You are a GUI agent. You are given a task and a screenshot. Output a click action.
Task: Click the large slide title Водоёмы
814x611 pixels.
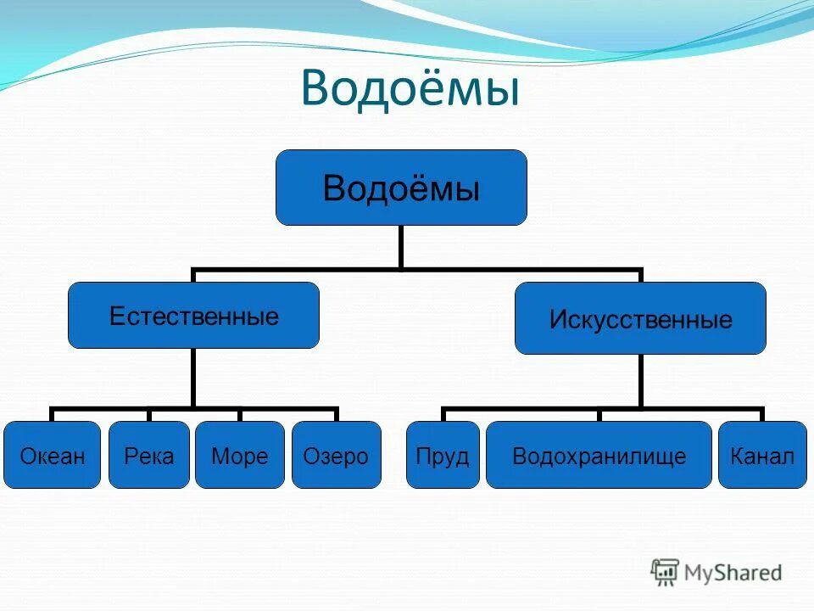click(x=410, y=89)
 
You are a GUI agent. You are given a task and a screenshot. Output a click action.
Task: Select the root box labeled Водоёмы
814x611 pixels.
click(x=401, y=188)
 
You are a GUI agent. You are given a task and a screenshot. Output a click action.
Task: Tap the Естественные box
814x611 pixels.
click(x=193, y=316)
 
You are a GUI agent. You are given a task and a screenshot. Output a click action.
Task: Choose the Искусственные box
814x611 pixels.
click(x=640, y=318)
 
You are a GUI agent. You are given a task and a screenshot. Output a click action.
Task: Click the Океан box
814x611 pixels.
click(x=52, y=455)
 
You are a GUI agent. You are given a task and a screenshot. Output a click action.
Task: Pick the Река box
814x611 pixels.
click(x=149, y=455)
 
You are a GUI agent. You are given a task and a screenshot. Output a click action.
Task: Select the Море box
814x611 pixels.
click(x=240, y=455)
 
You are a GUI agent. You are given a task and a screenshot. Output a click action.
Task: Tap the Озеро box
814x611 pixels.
click(x=337, y=455)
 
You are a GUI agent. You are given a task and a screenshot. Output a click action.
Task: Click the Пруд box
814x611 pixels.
click(x=443, y=455)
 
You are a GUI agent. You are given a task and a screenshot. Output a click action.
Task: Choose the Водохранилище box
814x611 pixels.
click(x=599, y=455)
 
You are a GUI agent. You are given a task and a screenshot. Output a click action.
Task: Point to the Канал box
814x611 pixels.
click(x=761, y=455)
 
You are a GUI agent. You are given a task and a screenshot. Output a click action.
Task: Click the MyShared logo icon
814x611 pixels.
click(x=665, y=572)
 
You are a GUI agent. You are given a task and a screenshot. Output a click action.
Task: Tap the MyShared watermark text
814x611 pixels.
click(x=732, y=573)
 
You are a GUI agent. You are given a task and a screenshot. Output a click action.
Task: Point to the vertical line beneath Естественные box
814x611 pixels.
click(x=193, y=377)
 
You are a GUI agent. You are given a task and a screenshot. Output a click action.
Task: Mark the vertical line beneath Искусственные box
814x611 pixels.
click(x=640, y=380)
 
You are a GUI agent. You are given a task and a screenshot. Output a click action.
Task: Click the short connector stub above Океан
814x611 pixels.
click(x=52, y=414)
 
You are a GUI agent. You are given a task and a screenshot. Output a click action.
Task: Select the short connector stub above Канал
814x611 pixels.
click(x=761, y=414)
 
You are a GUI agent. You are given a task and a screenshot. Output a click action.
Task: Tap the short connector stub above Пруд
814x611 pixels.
click(x=443, y=414)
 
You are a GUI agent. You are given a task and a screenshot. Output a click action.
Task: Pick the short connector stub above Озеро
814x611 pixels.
click(x=337, y=414)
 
